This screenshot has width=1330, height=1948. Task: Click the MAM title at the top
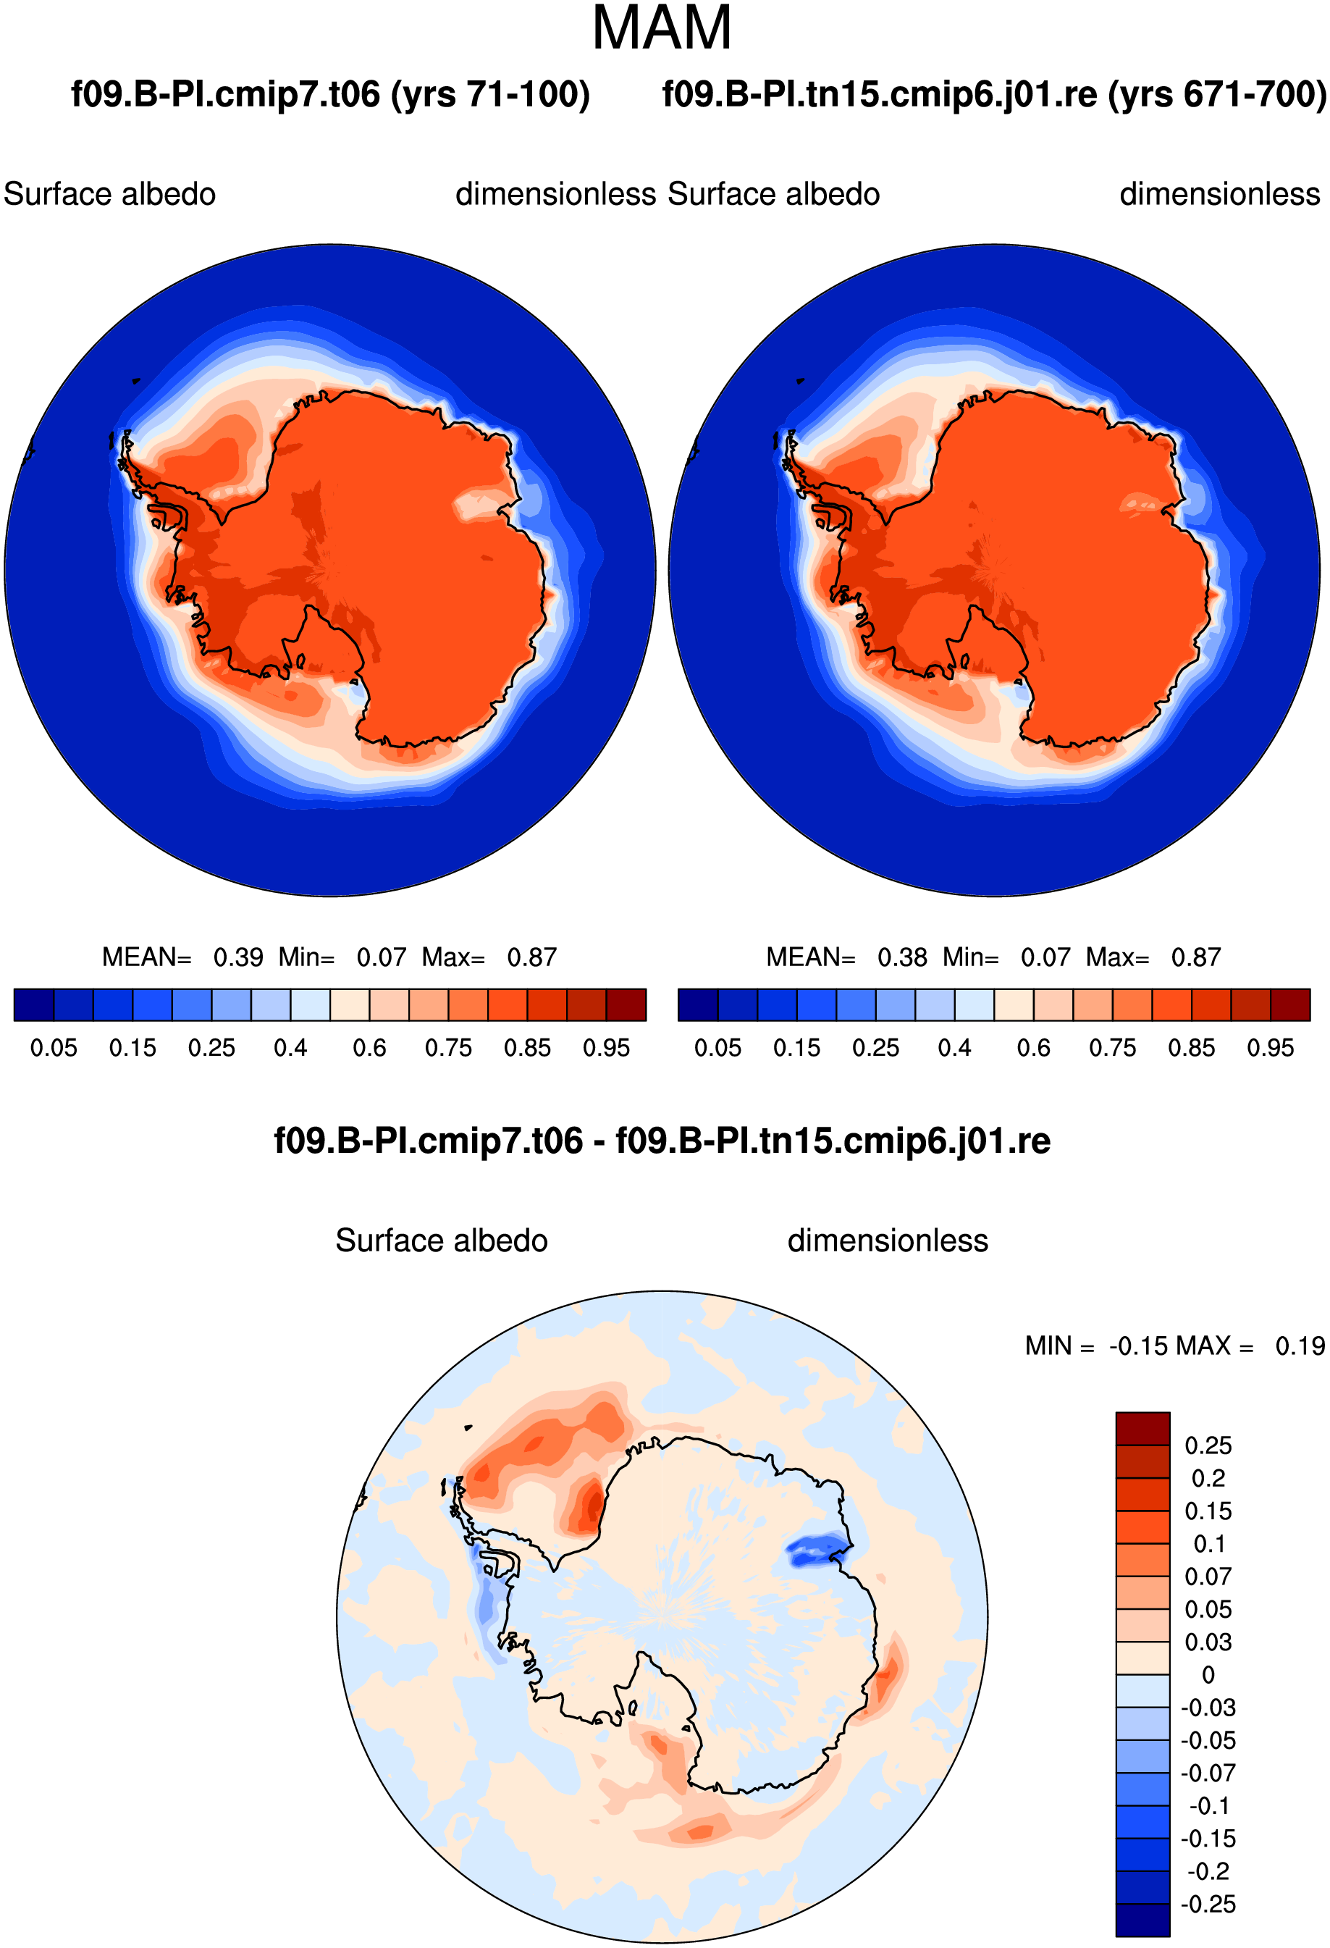pos(661,28)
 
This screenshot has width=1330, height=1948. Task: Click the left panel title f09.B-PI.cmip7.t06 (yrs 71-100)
pos(330,94)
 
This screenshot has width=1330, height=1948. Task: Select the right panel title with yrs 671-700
pos(994,94)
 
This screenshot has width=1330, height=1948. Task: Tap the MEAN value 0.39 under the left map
pos(238,957)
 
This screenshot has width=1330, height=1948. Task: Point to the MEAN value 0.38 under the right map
pos(902,957)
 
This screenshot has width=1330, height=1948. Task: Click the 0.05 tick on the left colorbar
pos(54,1048)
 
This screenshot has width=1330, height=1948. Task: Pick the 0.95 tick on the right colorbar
pos(1271,1048)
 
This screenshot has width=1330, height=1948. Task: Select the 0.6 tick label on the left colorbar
pos(369,1048)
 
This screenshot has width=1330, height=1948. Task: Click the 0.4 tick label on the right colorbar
pos(954,1048)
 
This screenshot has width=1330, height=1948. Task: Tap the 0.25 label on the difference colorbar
pos(1208,1445)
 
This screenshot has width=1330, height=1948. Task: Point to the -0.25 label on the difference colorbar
pos(1208,1904)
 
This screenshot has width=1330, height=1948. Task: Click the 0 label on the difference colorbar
pos(1208,1675)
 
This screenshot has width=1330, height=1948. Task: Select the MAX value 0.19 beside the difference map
pos(1300,1346)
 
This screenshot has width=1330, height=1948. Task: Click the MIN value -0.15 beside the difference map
pos(1138,1346)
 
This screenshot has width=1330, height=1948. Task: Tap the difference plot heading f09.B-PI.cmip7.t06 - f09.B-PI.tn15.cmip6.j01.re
pos(662,1141)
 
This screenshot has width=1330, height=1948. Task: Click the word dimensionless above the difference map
pos(888,1240)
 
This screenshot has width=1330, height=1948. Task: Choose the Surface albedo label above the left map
pos(110,195)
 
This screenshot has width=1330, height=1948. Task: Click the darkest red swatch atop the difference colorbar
pos(1142,1428)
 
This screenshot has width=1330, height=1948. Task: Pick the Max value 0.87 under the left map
pos(531,957)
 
